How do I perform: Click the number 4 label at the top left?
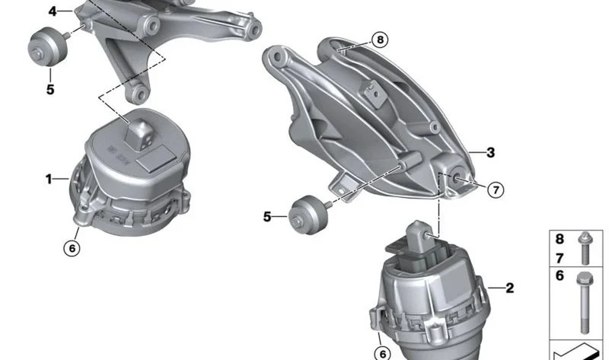tap(53, 11)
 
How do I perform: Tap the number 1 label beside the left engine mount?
tap(49, 179)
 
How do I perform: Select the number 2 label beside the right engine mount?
tap(509, 288)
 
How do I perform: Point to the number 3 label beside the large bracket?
tap(490, 153)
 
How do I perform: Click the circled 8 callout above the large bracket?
tap(379, 40)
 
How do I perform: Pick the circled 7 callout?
tap(496, 190)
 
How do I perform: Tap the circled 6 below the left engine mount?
tap(72, 248)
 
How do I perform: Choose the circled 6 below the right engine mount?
tap(383, 353)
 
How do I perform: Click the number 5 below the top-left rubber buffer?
tap(50, 90)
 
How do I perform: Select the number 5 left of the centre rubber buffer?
tap(267, 217)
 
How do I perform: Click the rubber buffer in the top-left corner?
tap(48, 46)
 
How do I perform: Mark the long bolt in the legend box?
tap(584, 303)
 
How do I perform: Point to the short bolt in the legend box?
tap(585, 248)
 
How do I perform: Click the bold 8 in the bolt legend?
tap(560, 239)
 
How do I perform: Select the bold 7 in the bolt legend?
tap(560, 258)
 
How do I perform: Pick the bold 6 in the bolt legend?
tap(560, 276)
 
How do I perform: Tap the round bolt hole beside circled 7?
tap(456, 177)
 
